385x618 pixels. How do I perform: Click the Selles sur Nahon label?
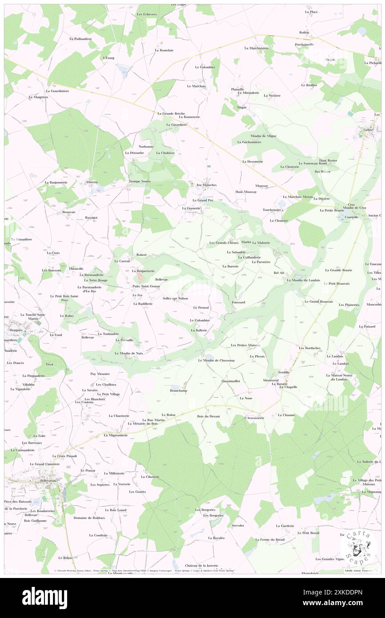(175, 298)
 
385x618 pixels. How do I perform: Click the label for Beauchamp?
(178, 391)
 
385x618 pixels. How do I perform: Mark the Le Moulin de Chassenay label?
(217, 360)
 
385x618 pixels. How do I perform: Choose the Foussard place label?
(238, 302)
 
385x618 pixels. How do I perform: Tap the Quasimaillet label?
(231, 381)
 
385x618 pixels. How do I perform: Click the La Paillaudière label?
(80, 39)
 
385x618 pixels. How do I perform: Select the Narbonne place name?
(146, 146)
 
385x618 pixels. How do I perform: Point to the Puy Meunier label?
(100, 374)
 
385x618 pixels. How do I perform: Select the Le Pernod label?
(201, 307)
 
